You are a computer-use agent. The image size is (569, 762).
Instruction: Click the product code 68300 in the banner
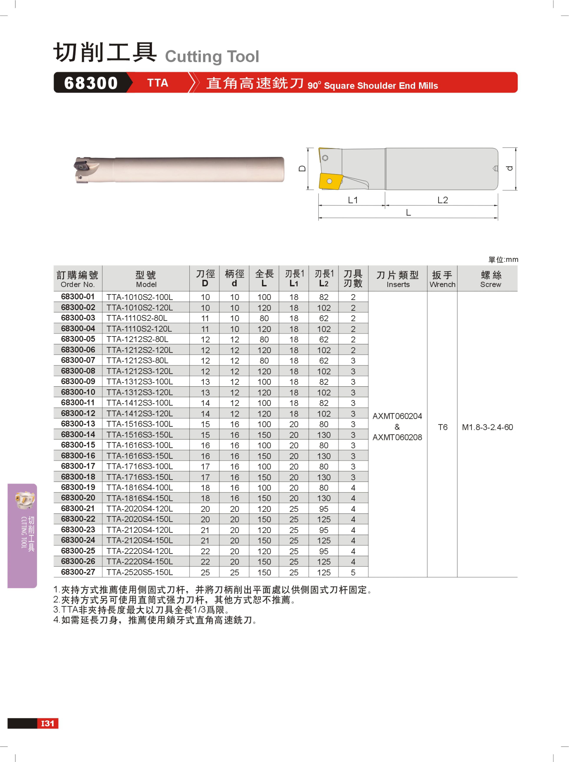[x=91, y=83]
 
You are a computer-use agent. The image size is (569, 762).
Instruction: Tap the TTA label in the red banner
[x=158, y=83]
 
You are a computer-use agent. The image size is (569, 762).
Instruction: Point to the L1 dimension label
[x=353, y=200]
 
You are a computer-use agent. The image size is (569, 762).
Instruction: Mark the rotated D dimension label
[x=302, y=169]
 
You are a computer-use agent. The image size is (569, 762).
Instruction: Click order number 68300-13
[x=78, y=424]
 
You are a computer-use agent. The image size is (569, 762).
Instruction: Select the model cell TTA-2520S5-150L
[x=139, y=572]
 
